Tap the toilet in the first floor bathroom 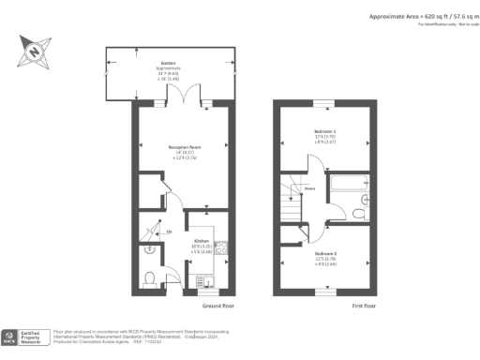(x=360, y=214)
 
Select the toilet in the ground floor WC (x=151, y=277)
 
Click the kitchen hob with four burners (x=222, y=249)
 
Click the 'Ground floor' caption (x=215, y=306)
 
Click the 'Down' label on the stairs (x=308, y=187)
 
